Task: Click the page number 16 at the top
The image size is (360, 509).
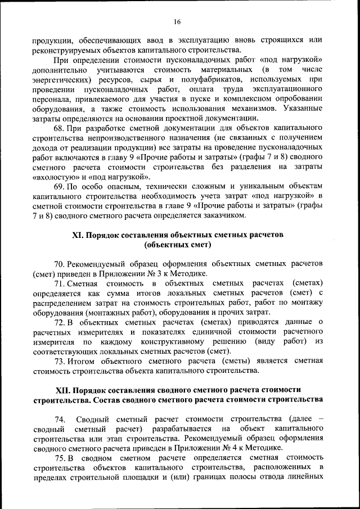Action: click(x=177, y=22)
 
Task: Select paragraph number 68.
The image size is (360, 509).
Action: click(x=60, y=128)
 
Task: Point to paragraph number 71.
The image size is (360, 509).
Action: click(x=60, y=283)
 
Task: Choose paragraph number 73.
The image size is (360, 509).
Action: click(x=60, y=361)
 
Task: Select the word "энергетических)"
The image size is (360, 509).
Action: click(x=59, y=79)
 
